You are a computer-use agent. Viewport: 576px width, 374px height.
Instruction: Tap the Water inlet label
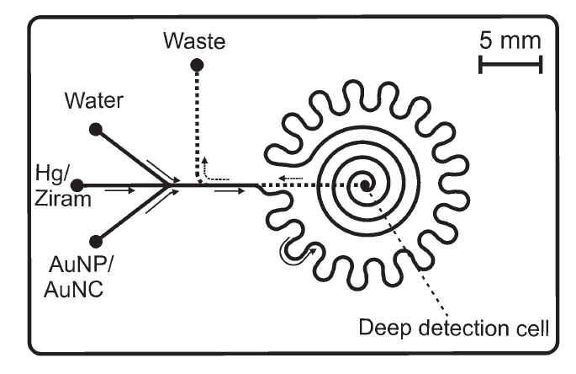(94, 102)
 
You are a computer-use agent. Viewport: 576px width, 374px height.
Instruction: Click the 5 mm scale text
(511, 40)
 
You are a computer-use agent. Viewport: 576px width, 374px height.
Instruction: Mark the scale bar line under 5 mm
(511, 65)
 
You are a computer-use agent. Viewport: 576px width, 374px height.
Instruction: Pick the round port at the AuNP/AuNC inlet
(97, 240)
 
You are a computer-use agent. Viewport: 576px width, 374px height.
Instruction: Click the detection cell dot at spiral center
(366, 184)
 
